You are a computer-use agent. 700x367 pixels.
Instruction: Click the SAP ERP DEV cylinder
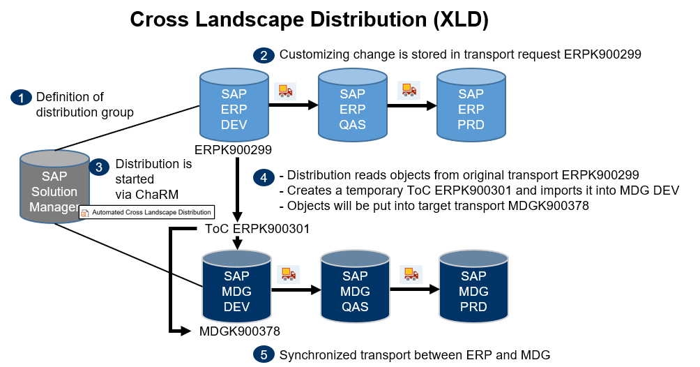pyautogui.click(x=234, y=106)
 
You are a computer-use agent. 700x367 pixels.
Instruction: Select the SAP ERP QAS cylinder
pyautogui.click(x=352, y=106)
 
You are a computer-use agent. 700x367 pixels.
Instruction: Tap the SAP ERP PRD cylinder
pyautogui.click(x=471, y=106)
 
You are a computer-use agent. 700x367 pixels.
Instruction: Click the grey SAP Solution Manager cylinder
pyautogui.click(x=54, y=188)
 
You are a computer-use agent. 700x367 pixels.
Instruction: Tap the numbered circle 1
pyautogui.click(x=22, y=98)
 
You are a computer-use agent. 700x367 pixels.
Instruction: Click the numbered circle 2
pyautogui.click(x=263, y=55)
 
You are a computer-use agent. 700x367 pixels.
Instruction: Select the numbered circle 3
pyautogui.click(x=100, y=167)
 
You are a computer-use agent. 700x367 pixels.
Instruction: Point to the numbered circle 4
pyautogui.click(x=263, y=177)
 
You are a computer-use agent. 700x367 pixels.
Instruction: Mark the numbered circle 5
pyautogui.click(x=263, y=355)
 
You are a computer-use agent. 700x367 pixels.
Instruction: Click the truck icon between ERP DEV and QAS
pyautogui.click(x=286, y=91)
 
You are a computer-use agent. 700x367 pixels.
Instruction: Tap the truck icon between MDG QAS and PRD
pyautogui.click(x=411, y=274)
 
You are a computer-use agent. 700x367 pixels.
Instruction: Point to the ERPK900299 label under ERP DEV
pyautogui.click(x=234, y=149)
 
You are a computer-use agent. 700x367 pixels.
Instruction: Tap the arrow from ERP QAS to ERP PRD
pyautogui.click(x=412, y=106)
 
